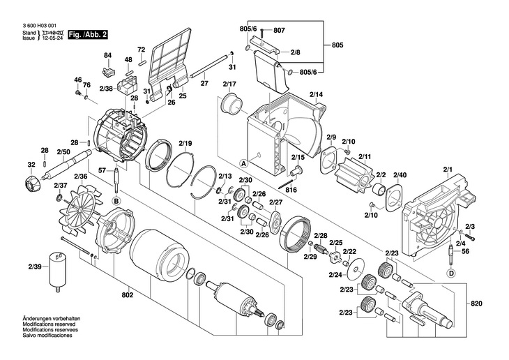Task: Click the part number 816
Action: tap(291, 190)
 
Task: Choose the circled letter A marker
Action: tap(243, 163)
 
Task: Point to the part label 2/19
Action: tap(185, 144)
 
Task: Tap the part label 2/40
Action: tap(400, 174)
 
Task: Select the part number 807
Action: tap(279, 31)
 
